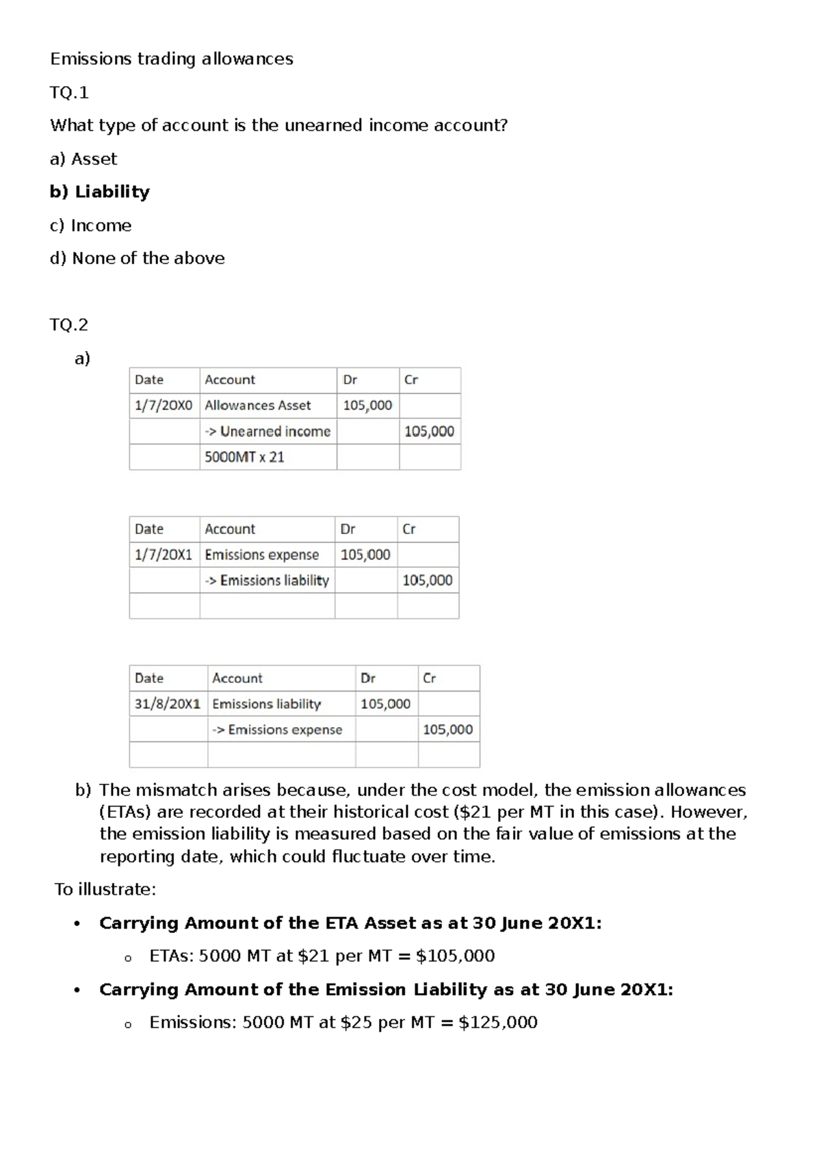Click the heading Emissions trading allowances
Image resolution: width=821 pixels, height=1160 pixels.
(171, 60)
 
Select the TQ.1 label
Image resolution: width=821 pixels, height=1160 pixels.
(69, 92)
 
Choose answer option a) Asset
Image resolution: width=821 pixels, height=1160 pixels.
(83, 159)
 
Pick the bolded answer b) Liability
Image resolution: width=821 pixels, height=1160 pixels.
(100, 192)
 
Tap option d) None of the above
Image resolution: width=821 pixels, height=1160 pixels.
(138, 259)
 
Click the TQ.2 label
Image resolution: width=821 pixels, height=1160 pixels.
(69, 325)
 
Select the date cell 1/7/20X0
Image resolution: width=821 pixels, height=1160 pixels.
(164, 406)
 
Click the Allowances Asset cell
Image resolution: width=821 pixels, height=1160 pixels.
(258, 406)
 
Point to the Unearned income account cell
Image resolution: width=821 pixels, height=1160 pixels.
(268, 432)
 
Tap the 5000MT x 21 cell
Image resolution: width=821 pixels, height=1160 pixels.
(244, 458)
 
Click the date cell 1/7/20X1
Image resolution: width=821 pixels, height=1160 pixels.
(164, 555)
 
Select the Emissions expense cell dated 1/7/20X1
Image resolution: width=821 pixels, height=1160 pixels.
(262, 555)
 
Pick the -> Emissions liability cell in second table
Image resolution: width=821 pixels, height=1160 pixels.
(267, 581)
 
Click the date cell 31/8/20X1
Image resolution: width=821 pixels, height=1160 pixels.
(168, 704)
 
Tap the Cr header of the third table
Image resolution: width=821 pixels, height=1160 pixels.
(429, 678)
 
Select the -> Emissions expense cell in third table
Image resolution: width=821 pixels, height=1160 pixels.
(277, 730)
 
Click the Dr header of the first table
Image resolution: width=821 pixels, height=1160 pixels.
(350, 380)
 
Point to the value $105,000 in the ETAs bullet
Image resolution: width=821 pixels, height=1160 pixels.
(455, 956)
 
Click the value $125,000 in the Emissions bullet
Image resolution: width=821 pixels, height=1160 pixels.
(498, 1023)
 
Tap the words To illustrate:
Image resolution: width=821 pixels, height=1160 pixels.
(105, 890)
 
